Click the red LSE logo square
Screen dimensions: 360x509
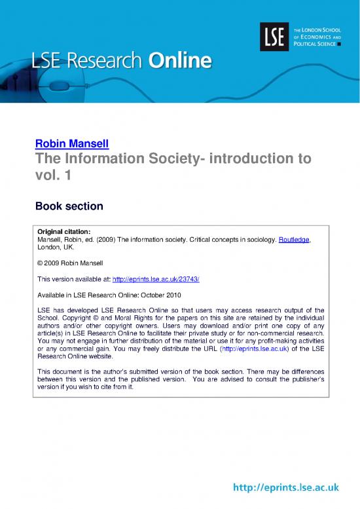tap(272, 35)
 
